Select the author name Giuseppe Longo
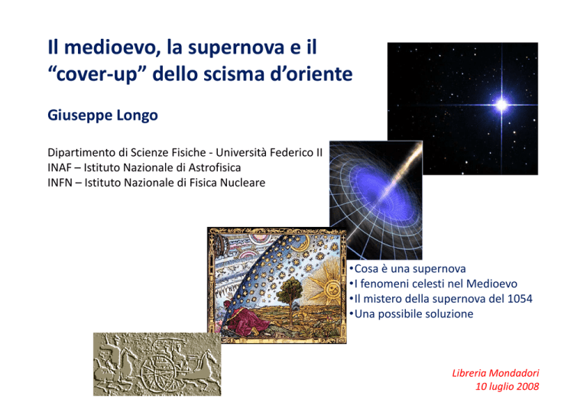(x=102, y=115)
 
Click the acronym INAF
(x=59, y=167)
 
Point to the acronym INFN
(x=60, y=183)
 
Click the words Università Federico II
(x=269, y=153)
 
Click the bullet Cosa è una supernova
(x=408, y=269)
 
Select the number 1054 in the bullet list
(x=520, y=299)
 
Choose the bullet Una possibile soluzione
(x=411, y=313)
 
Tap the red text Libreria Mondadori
(x=495, y=373)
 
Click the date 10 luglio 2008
(x=508, y=386)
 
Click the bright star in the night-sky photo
(x=501, y=105)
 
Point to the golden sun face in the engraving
(x=331, y=289)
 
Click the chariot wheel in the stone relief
(x=157, y=371)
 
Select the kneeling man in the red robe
(x=245, y=319)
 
